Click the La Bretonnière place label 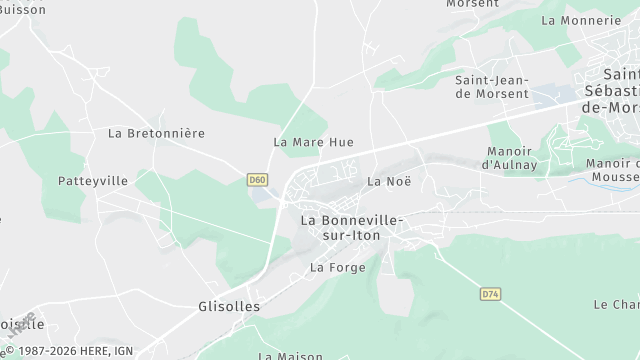[x=156, y=132]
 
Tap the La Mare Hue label [x=313, y=142]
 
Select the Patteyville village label [x=93, y=181]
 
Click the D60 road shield [x=258, y=180]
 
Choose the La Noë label [x=389, y=181]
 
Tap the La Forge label [x=338, y=267]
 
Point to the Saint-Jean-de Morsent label [x=492, y=86]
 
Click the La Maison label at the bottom [x=291, y=355]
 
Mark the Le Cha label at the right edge [x=616, y=304]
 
